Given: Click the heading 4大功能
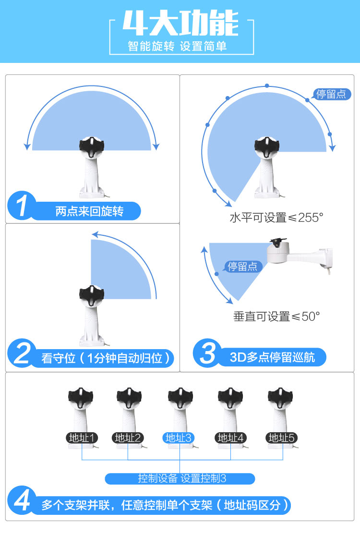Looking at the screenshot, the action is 180,23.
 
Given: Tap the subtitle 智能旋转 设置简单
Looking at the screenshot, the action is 177,46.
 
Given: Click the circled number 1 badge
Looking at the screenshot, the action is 22,205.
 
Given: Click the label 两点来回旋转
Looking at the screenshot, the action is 89,211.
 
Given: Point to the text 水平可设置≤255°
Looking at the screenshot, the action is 276,218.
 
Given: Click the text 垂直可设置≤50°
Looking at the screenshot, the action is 276,316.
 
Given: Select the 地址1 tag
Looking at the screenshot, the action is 82,438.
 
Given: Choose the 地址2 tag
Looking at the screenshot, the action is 128,438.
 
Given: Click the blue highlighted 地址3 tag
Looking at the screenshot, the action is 178,438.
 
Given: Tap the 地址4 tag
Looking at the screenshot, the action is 231,438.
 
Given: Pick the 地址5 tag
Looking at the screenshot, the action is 282,438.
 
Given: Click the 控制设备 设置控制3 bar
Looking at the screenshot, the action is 180,478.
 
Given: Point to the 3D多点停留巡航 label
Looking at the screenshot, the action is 272,357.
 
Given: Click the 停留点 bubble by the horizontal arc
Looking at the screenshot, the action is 331,94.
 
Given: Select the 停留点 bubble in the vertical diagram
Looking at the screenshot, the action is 243,266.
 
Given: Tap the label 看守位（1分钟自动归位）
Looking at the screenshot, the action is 106,358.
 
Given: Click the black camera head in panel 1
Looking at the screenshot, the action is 92,146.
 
